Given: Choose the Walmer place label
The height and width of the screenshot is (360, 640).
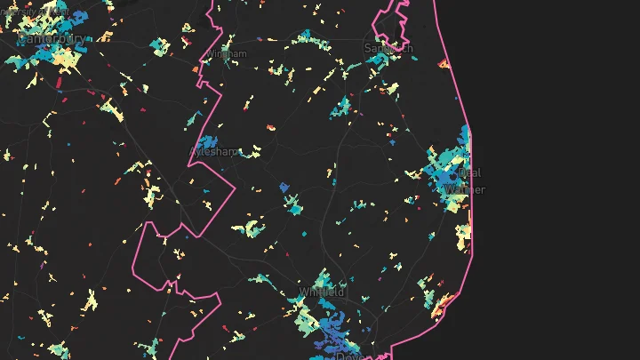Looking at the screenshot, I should pos(465,189).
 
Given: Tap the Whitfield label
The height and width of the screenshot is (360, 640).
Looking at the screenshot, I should pos(322,292).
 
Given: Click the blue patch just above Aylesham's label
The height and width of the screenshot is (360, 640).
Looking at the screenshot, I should pos(208,140).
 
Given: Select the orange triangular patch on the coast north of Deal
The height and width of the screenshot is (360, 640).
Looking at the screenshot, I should pos(443,63).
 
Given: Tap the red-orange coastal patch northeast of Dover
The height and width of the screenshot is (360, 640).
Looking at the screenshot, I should pos(437,308).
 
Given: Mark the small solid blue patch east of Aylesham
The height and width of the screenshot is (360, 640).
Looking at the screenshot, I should pos(284,187).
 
